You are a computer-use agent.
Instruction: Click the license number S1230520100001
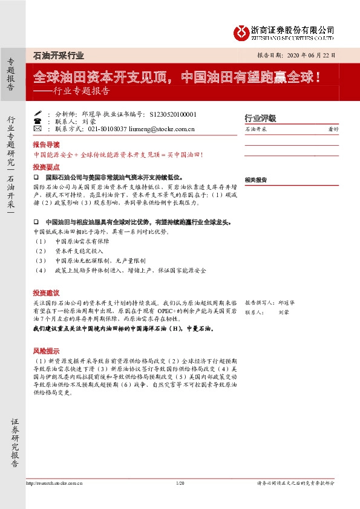[x=172, y=114]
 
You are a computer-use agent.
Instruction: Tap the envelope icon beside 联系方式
[x=38, y=129]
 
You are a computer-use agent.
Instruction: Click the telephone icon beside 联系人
[x=38, y=121]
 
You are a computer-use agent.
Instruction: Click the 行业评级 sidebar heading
[x=260, y=117]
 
